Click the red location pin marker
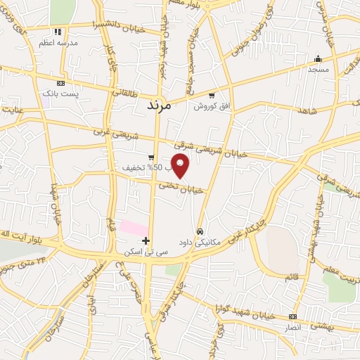pyautogui.click(x=181, y=165)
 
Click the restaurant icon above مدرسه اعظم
pyautogui.click(x=58, y=32)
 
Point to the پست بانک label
pyautogui.click(x=60, y=93)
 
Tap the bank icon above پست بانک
pyautogui.click(x=60, y=83)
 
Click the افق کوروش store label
pyautogui.click(x=209, y=105)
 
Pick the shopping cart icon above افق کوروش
pyautogui.click(x=211, y=95)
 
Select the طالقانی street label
pyautogui.click(x=126, y=92)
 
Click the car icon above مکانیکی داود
pyautogui.click(x=200, y=231)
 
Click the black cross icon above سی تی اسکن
pyautogui.click(x=146, y=240)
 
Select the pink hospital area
pyautogui.click(x=133, y=228)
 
